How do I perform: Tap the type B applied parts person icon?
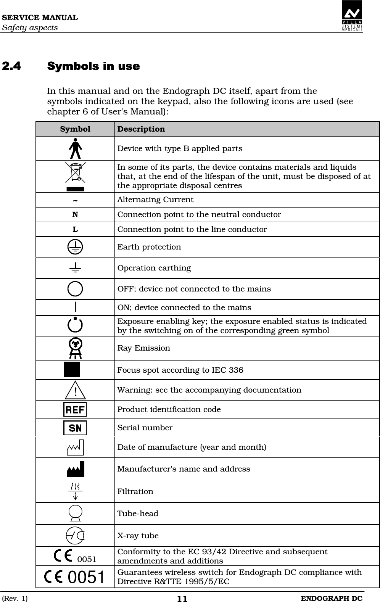pyautogui.click(x=76, y=148)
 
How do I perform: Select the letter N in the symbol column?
pyautogui.click(x=75, y=214)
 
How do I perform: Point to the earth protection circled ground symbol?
pyautogui.click(x=75, y=247)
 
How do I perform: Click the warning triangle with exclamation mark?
pyautogui.click(x=76, y=390)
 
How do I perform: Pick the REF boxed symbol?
pyautogui.click(x=75, y=409)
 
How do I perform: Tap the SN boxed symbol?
pyautogui.click(x=75, y=428)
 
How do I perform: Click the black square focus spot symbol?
pyautogui.click(x=72, y=370)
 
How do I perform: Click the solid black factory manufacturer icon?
pyautogui.click(x=76, y=469)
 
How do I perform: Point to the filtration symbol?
pyautogui.click(x=76, y=491)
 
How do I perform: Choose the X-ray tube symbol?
pyautogui.click(x=75, y=536)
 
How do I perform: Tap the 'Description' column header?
pyautogui.click(x=141, y=129)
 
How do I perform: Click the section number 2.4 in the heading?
pyautogui.click(x=11, y=66)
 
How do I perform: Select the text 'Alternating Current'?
pyautogui.click(x=155, y=200)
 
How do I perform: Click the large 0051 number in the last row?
pyautogui.click(x=86, y=577)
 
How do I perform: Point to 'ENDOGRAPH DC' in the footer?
pyautogui.click(x=331, y=598)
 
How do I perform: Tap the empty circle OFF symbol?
pyautogui.click(x=75, y=288)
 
